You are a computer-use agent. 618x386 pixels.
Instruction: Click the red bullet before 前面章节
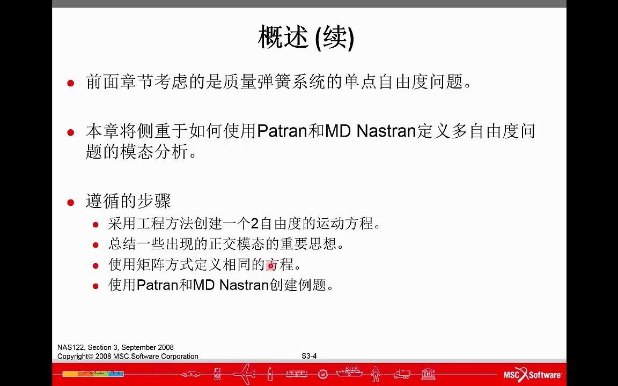pyautogui.click(x=70, y=83)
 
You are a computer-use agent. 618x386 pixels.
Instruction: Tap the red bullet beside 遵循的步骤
pyautogui.click(x=70, y=203)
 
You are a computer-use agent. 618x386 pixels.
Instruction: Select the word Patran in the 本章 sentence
pyautogui.click(x=283, y=131)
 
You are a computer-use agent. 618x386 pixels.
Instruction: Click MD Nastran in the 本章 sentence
pyautogui.click(x=371, y=131)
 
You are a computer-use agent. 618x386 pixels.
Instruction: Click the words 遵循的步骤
pyautogui.click(x=128, y=202)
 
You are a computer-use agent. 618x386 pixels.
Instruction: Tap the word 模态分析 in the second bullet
pyautogui.click(x=155, y=152)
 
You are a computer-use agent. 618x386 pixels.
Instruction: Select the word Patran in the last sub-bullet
pyautogui.click(x=157, y=285)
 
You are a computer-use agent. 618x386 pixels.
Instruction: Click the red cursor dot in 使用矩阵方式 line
pyautogui.click(x=271, y=265)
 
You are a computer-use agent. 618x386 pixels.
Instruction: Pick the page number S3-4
pyautogui.click(x=309, y=356)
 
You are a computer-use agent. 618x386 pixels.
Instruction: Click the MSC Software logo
pyautogui.click(x=532, y=374)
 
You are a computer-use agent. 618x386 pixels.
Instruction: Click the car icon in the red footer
pyautogui.click(x=192, y=374)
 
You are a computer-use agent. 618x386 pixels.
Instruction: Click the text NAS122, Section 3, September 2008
pyautogui.click(x=115, y=347)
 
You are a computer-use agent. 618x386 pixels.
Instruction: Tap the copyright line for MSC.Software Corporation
pyautogui.click(x=128, y=356)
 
